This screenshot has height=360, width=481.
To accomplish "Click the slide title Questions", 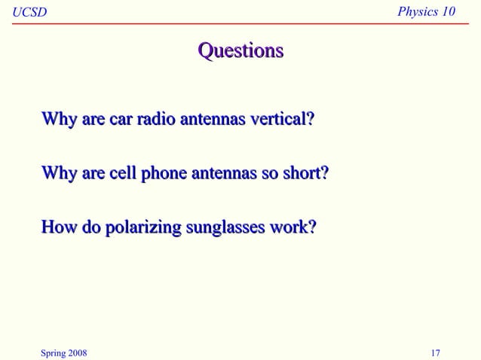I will [x=240, y=50].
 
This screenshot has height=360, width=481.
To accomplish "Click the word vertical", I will [x=280, y=119].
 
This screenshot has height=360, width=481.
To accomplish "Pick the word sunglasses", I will [x=219, y=227].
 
